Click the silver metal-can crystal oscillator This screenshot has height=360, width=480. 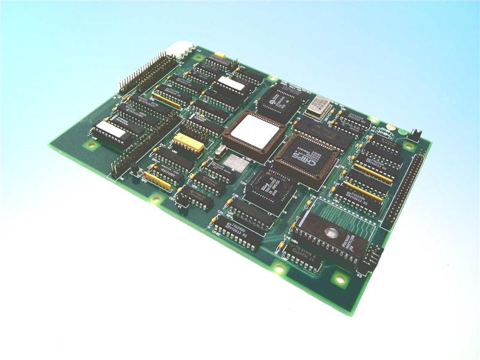tap(317, 107)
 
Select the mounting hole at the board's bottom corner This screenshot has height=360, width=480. tap(340, 278)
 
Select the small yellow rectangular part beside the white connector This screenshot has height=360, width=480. tap(220, 56)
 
